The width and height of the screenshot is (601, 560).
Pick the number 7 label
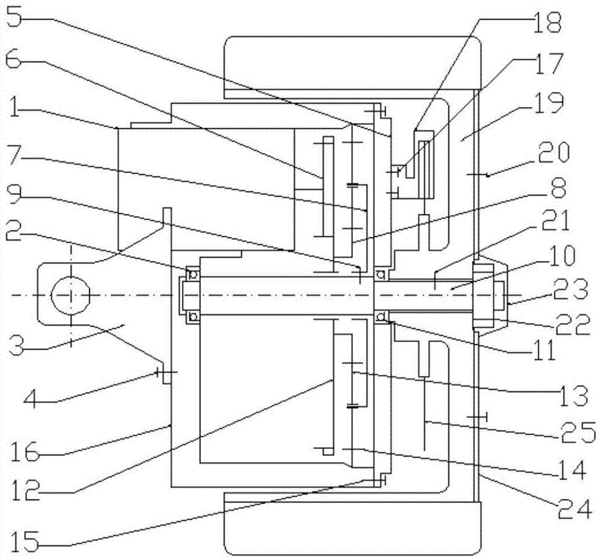click(x=17, y=163)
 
